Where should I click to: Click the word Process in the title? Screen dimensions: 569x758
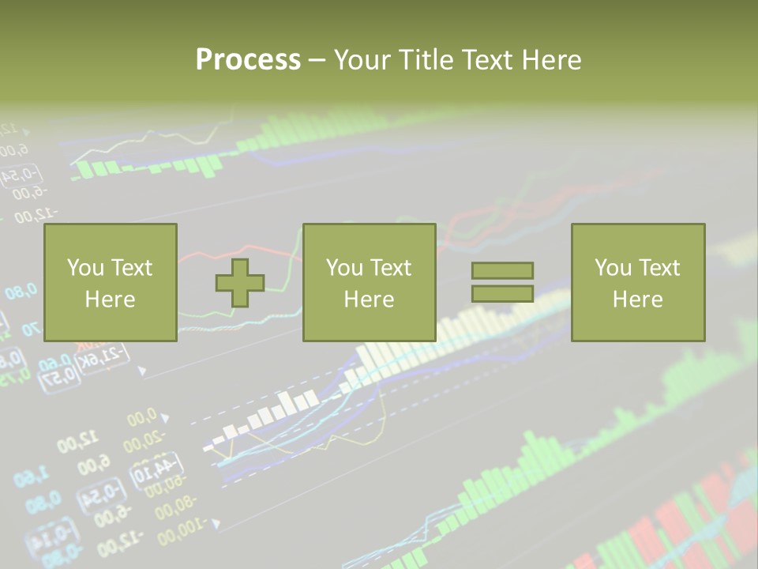(x=248, y=60)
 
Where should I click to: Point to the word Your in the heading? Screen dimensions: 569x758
(x=362, y=60)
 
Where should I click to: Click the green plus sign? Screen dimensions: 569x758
(x=240, y=282)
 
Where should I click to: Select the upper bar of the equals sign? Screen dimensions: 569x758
(x=502, y=270)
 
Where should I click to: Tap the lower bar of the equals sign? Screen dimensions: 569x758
(x=502, y=294)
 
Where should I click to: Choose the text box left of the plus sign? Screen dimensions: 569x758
(x=110, y=282)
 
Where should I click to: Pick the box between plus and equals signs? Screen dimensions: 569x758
(x=369, y=282)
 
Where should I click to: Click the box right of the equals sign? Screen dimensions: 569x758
(x=637, y=282)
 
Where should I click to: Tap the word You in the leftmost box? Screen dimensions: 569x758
(x=84, y=268)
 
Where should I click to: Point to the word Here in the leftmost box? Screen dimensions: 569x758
(x=110, y=300)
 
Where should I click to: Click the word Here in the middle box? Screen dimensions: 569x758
(x=369, y=300)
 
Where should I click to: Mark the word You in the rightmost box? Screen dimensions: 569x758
(x=612, y=268)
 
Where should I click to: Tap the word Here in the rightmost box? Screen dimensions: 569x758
(x=637, y=300)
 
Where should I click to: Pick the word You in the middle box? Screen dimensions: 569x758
(x=343, y=268)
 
